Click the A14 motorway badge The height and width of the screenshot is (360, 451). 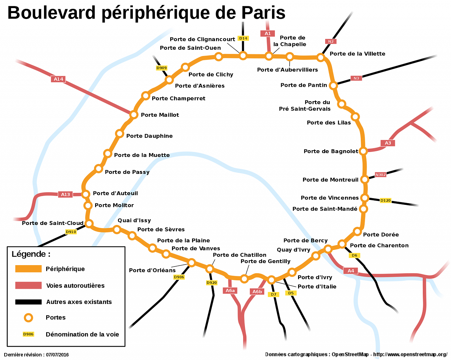coord(58,79)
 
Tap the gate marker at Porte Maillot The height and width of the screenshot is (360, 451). coord(134,115)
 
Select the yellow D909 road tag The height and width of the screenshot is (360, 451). coord(161,68)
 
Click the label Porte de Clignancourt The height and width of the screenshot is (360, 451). coord(202,39)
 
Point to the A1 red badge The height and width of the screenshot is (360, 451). coord(267,33)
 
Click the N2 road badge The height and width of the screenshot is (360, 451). coord(330,41)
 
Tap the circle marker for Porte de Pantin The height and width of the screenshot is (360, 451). coord(333,85)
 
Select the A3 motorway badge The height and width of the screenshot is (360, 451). coord(388,143)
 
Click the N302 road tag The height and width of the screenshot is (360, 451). coord(381,175)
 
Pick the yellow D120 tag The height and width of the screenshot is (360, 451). coord(385,200)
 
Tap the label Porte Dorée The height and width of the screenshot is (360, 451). coord(381,234)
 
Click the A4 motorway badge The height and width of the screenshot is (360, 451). coord(351,271)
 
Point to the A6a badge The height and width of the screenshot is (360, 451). coord(230,291)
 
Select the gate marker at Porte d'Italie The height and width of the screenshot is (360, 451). coord(271,280)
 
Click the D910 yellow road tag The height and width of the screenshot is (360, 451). coord(71,232)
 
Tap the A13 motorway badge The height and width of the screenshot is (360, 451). coord(66,194)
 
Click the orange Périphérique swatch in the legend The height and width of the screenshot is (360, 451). coord(28,269)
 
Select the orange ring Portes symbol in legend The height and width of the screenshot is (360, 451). coord(29,318)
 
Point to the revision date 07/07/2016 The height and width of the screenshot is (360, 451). coord(57,355)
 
